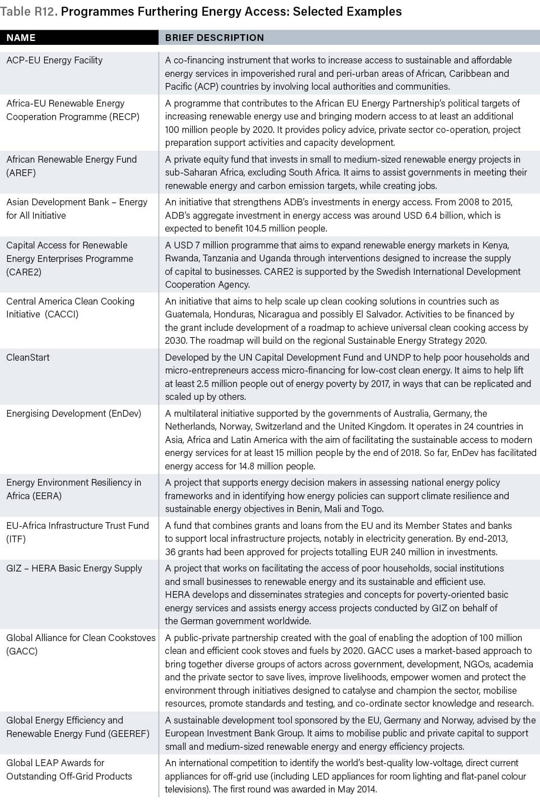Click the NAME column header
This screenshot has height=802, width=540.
point(21,38)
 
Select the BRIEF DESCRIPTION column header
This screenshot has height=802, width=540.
point(214,38)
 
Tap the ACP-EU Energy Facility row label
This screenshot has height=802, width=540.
point(54,60)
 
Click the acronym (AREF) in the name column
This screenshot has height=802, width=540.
point(21,173)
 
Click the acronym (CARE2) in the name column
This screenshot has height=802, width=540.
point(24,272)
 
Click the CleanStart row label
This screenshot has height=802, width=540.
point(28,357)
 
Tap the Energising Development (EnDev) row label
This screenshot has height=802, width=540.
point(73,413)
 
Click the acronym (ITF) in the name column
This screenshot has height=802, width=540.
point(16,539)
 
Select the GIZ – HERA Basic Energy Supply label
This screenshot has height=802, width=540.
point(74,568)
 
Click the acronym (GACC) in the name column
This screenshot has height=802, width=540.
point(22,651)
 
